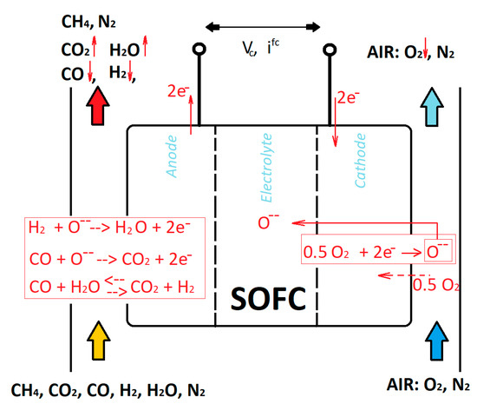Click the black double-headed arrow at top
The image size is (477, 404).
tap(265, 18)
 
